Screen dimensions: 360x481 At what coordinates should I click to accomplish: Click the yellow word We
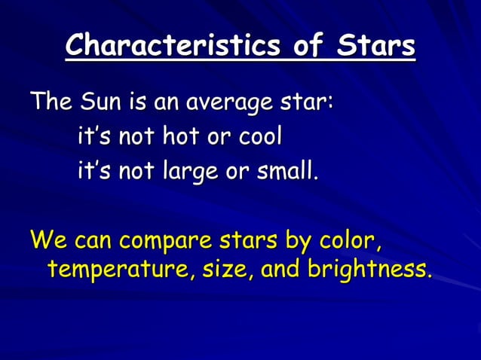pyautogui.click(x=49, y=243)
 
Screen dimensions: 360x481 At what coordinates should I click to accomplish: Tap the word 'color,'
pyautogui.click(x=346, y=243)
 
